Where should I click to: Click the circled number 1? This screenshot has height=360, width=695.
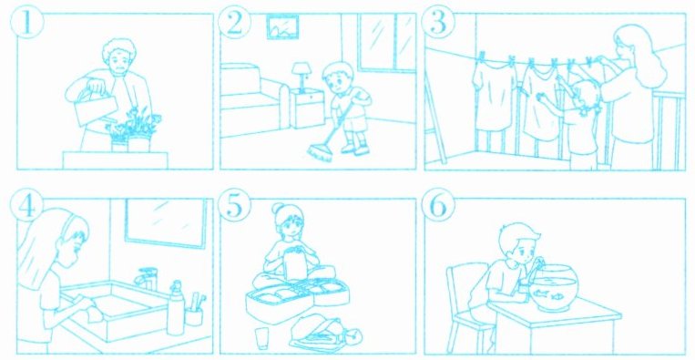pyautogui.click(x=26, y=24)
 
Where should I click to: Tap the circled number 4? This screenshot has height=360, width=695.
pyautogui.click(x=26, y=208)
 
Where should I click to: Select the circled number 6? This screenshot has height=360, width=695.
pyautogui.click(x=438, y=208)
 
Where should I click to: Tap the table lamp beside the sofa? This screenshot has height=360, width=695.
pyautogui.click(x=301, y=77)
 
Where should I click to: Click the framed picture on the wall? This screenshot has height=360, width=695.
pyautogui.click(x=282, y=26)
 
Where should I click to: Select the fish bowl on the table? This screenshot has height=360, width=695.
pyautogui.click(x=554, y=288)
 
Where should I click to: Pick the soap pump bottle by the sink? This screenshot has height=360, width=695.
pyautogui.click(x=176, y=307)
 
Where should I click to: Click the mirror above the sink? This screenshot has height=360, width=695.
pyautogui.click(x=166, y=222)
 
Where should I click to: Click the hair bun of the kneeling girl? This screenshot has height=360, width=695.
pyautogui.click(x=278, y=208)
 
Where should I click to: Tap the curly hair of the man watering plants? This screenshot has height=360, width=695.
pyautogui.click(x=118, y=49)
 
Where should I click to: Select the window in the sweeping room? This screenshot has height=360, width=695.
pyautogui.click(x=387, y=42)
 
